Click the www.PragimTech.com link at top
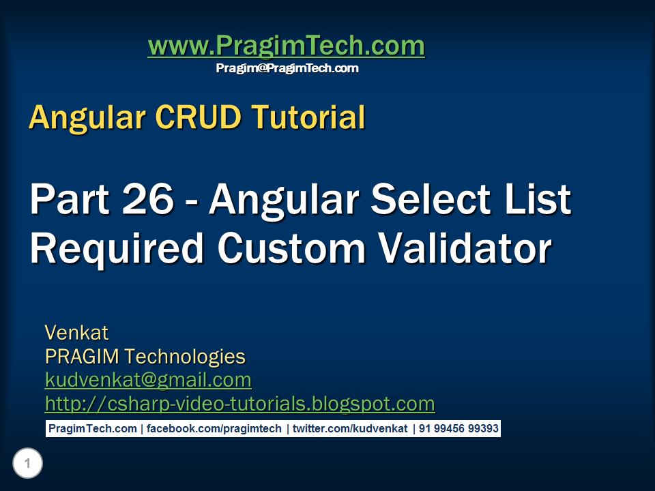tap(286, 46)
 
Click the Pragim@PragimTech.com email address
tap(287, 68)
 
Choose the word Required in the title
tap(117, 249)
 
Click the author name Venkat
tap(76, 333)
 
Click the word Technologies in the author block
tap(185, 356)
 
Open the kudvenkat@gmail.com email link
tap(148, 380)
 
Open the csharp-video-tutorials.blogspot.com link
tap(239, 404)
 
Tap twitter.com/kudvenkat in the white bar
tap(350, 429)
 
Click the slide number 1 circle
tap(27, 464)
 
